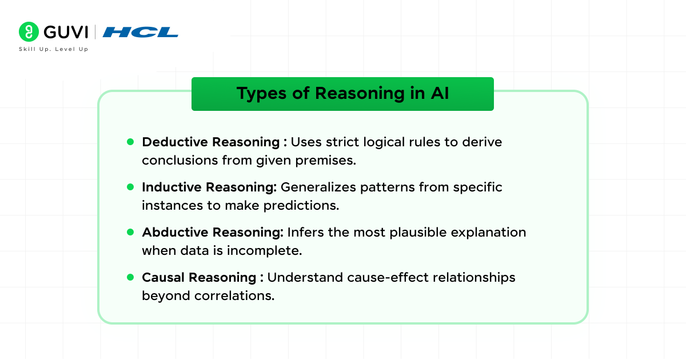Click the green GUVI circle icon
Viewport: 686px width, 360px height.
click(x=29, y=32)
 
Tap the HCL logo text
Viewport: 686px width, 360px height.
click(x=141, y=32)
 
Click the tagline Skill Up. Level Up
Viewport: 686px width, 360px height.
click(x=53, y=49)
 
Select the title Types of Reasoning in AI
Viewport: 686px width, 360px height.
click(x=342, y=94)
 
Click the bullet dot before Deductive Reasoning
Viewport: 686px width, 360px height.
click(x=130, y=141)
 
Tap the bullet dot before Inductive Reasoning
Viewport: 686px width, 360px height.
click(x=130, y=186)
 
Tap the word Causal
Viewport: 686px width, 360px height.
click(x=163, y=277)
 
